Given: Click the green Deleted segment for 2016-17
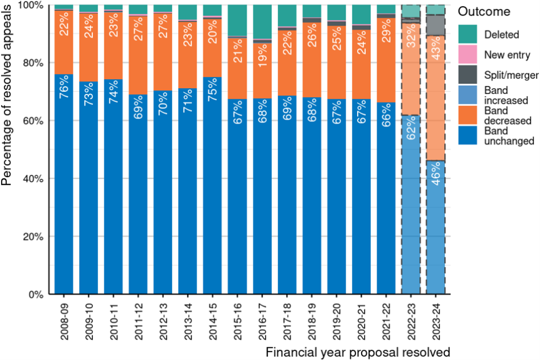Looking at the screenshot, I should [262, 22].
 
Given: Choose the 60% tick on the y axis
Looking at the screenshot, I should [37, 121].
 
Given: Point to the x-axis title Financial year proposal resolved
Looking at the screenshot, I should [358, 353].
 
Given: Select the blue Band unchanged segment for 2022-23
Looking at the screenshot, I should [411, 225].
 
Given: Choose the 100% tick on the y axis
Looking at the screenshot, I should [34, 5].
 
